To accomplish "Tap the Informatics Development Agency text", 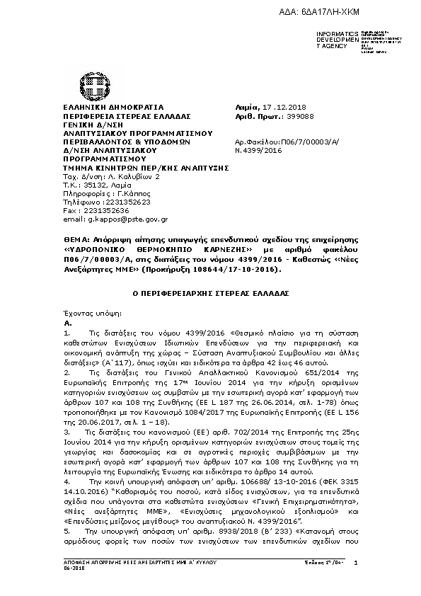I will click(x=333, y=40).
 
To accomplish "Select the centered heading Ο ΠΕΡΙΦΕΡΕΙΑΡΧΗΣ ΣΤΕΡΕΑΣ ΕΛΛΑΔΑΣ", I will click(x=210, y=292).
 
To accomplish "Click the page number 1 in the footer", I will click(x=356, y=563).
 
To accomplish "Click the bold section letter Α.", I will click(x=67, y=322).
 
